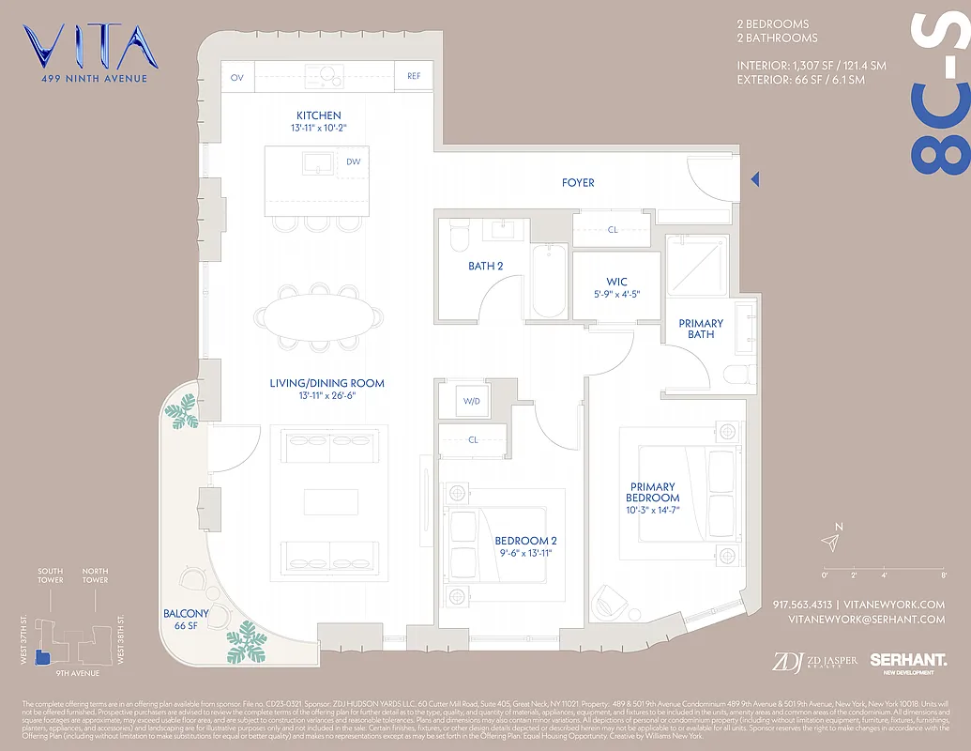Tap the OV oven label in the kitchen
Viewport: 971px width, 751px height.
pyautogui.click(x=236, y=78)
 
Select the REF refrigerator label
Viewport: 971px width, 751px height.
pyautogui.click(x=414, y=78)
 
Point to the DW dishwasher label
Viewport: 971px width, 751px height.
pyautogui.click(x=353, y=161)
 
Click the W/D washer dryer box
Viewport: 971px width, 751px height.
pyautogui.click(x=471, y=402)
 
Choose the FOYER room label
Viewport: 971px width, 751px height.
pyautogui.click(x=578, y=183)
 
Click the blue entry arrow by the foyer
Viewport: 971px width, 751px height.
pyautogui.click(x=754, y=178)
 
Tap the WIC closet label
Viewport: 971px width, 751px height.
pyautogui.click(x=616, y=282)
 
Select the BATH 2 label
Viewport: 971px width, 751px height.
pyautogui.click(x=486, y=267)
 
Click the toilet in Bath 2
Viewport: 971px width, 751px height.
pyautogui.click(x=459, y=237)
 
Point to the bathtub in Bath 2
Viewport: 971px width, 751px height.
pyautogui.click(x=549, y=282)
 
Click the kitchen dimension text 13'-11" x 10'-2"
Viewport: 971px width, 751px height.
pyautogui.click(x=319, y=127)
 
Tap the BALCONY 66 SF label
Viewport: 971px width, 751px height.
pyautogui.click(x=186, y=620)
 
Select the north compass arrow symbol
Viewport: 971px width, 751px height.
pyautogui.click(x=828, y=542)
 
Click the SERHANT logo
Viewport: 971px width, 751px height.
pyautogui.click(x=907, y=663)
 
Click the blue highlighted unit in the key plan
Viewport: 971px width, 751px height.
pyautogui.click(x=40, y=658)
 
